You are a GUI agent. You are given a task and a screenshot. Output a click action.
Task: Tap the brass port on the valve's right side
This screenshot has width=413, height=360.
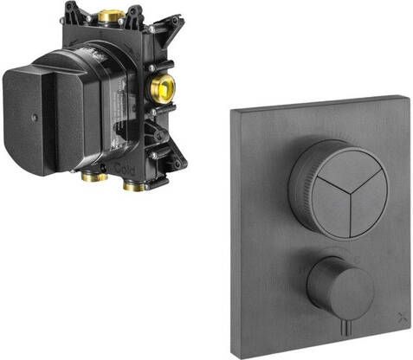click(x=163, y=88)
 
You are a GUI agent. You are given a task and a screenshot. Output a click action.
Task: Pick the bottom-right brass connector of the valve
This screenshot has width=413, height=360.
click(x=132, y=183)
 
